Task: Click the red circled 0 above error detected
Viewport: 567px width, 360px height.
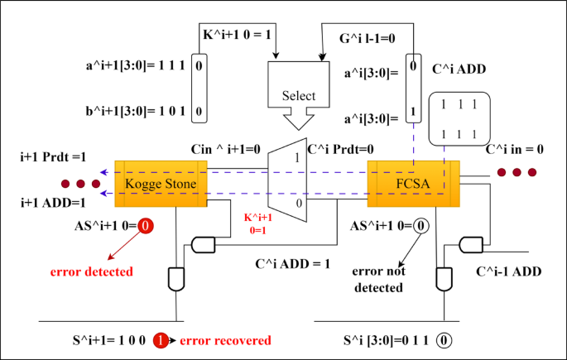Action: pyautogui.click(x=145, y=225)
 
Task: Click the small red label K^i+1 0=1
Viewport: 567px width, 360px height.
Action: pyautogui.click(x=257, y=223)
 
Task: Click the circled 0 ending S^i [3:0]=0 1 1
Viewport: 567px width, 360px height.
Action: pyautogui.click(x=445, y=340)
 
